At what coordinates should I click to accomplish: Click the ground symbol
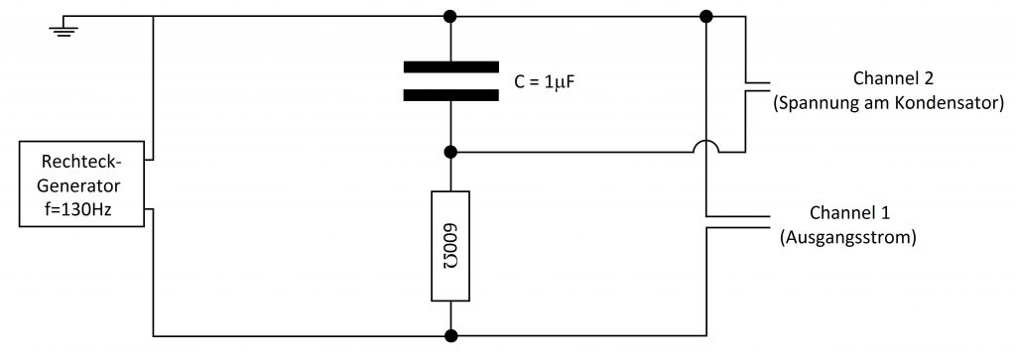coord(64,30)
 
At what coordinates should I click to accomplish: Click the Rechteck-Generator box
coord(81,183)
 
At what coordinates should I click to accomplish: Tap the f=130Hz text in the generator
coord(81,210)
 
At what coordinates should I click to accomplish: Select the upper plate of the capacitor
coord(451,66)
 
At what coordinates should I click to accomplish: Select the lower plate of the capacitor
coord(451,95)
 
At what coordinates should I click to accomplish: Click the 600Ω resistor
coord(450,246)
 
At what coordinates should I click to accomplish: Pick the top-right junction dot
coord(706,16)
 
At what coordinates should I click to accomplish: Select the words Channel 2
coord(893,79)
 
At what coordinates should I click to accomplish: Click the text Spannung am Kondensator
coord(889,103)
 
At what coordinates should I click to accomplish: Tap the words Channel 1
coord(850,213)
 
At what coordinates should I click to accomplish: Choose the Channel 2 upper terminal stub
coord(757,83)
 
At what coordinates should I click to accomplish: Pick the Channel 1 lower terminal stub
coord(738,227)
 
